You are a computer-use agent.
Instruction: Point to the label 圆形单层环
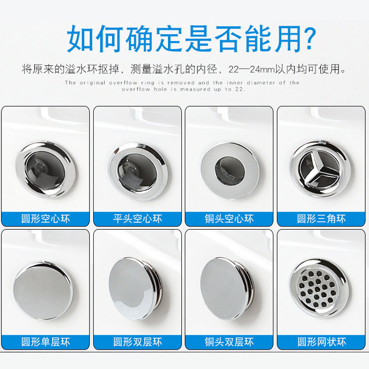tap(45, 342)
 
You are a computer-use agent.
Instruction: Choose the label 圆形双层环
tap(137, 342)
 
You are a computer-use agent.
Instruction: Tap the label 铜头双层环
tap(229, 342)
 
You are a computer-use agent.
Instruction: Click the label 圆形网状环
tap(321, 342)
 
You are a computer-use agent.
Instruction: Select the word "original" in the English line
tap(91, 83)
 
